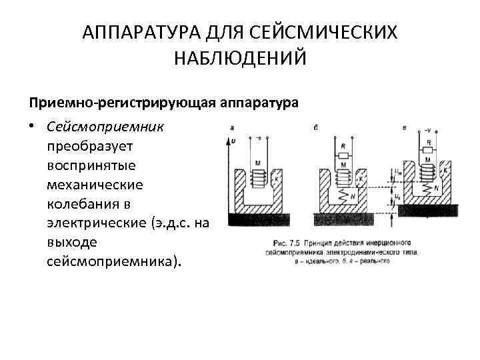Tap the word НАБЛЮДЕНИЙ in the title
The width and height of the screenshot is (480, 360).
tap(240, 58)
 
